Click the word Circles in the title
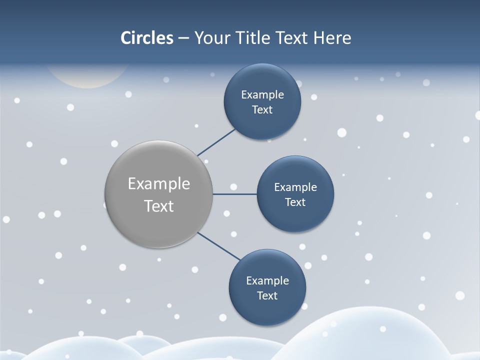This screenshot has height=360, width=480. [147, 38]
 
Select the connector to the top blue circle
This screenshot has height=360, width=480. [216, 142]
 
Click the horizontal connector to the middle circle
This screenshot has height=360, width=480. [234, 194]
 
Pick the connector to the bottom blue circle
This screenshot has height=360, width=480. [219, 246]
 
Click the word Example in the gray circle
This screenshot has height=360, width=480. [159, 184]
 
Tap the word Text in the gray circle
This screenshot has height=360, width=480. [159, 206]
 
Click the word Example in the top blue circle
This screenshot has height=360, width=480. [262, 94]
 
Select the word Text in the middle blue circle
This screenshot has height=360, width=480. [295, 202]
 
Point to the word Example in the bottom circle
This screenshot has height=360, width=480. [267, 280]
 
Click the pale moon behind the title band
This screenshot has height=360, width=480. [87, 77]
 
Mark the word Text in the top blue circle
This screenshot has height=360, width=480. [262, 109]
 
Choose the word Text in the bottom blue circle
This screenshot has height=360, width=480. [267, 295]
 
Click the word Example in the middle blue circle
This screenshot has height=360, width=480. [295, 187]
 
